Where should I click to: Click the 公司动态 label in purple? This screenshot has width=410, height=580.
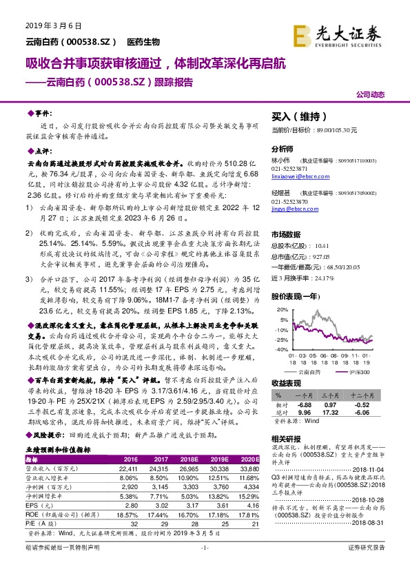(x=370, y=94)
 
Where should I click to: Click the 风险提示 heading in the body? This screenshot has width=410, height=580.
(x=45, y=435)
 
